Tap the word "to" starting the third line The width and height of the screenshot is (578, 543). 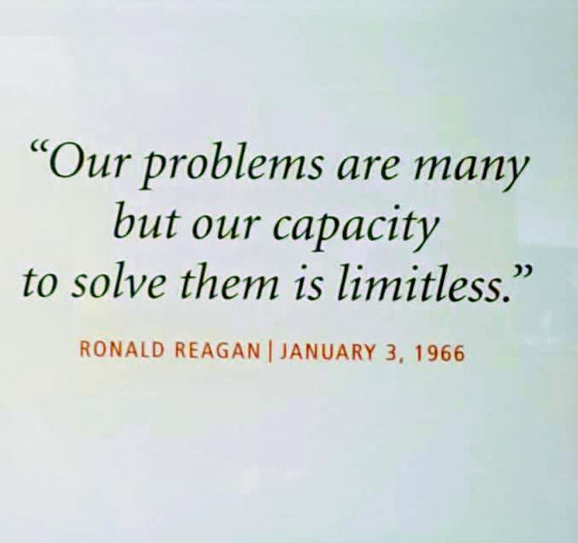(38, 283)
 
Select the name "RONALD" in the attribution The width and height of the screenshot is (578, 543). (112, 351)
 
